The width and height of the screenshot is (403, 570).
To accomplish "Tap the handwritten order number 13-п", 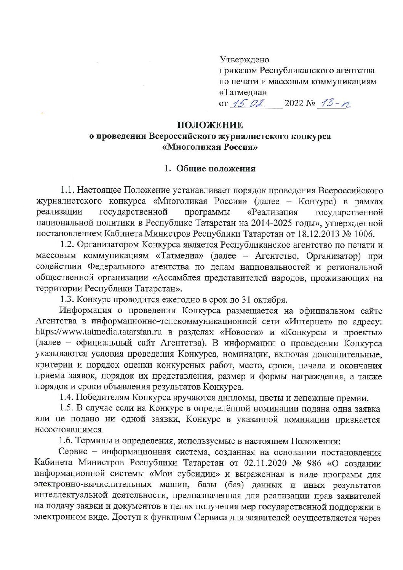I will (336, 103).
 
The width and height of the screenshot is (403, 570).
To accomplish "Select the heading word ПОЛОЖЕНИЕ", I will (210, 125).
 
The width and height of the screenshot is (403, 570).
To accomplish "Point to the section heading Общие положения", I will (214, 169).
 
